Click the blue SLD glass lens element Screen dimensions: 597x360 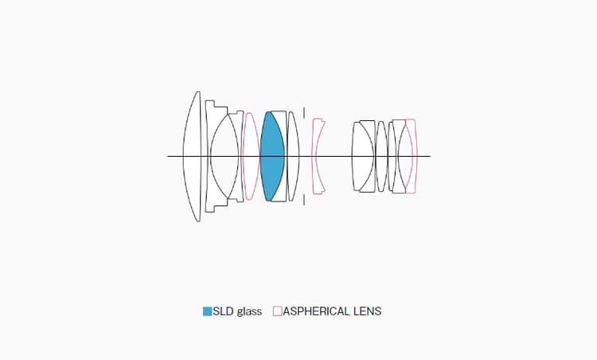tap(271, 156)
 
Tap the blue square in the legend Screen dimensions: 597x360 tap(207, 311)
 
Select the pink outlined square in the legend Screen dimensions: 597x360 tap(278, 311)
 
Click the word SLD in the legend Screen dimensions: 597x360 tap(224, 311)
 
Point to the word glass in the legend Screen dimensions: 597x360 tap(249, 312)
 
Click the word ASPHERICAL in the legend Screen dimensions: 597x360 tap(316, 311)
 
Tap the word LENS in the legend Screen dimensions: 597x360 tap(368, 311)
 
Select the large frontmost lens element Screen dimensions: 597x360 tap(193, 156)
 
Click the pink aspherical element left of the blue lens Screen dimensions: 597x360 tap(251, 156)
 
